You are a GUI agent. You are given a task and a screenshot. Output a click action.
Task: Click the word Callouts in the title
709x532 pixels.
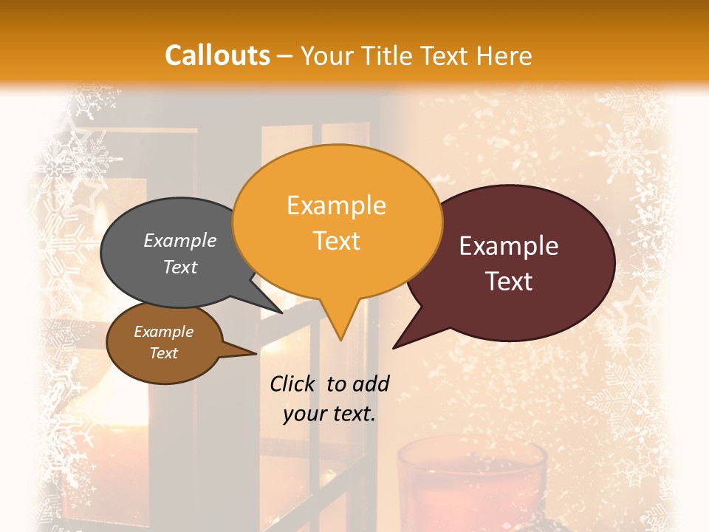(x=217, y=55)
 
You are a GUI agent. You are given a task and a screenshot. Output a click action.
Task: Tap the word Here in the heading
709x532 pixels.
(x=504, y=55)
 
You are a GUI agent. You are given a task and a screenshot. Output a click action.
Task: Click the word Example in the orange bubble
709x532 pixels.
(x=337, y=205)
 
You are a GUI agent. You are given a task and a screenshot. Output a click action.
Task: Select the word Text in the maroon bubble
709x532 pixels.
(x=509, y=282)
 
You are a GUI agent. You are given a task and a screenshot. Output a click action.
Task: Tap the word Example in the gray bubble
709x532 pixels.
(x=180, y=240)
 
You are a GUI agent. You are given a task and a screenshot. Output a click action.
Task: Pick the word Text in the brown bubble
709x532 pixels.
(x=163, y=353)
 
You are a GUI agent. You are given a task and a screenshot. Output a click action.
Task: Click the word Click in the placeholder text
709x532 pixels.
(x=293, y=383)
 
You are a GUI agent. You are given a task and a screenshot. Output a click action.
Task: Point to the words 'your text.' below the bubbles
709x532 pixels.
(x=329, y=414)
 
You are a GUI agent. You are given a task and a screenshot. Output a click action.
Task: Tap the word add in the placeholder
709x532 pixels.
(x=371, y=383)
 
